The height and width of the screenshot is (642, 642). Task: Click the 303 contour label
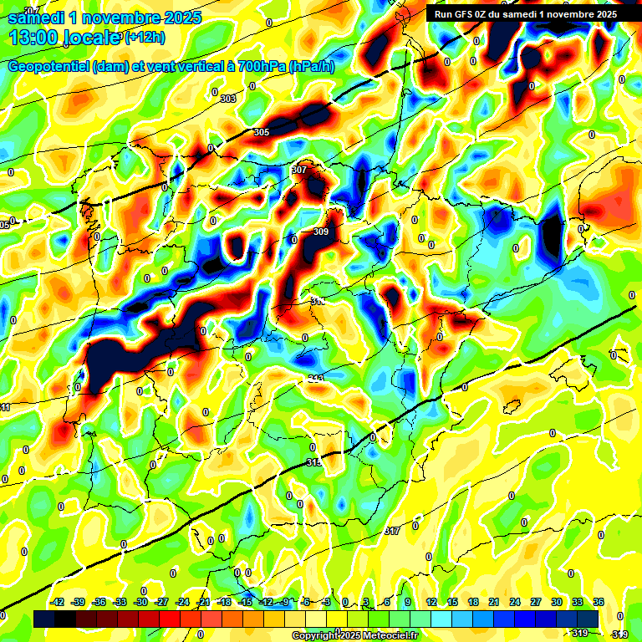[228, 99]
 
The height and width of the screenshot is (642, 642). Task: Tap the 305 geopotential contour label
[262, 133]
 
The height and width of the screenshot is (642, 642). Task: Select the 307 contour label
[299, 170]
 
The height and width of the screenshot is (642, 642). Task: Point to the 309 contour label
[320, 232]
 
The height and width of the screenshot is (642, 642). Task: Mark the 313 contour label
[317, 379]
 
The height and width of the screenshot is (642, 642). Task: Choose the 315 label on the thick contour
[313, 462]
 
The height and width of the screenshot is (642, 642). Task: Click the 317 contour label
[392, 531]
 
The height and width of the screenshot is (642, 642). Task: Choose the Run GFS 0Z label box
[522, 13]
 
